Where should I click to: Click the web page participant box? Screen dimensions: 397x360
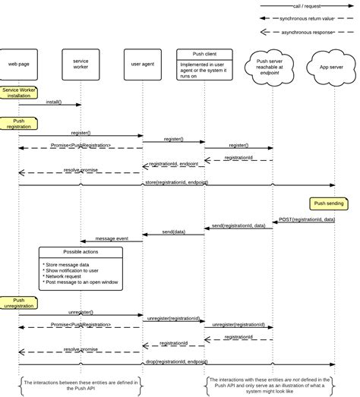(x=18, y=64)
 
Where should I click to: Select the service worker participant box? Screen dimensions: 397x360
(x=81, y=64)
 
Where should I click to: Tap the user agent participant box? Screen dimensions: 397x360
(x=142, y=64)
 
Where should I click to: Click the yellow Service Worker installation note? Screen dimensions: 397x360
(x=19, y=93)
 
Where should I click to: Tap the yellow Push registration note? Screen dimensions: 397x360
(x=18, y=123)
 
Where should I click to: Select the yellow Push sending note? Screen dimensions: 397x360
(x=329, y=203)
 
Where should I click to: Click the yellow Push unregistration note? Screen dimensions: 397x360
(x=18, y=304)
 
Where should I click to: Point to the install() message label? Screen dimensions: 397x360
(x=52, y=102)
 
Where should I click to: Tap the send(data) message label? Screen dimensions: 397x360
(x=173, y=232)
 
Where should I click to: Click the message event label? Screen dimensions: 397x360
(x=111, y=238)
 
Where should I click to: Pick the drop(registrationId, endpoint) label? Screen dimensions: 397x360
(x=176, y=361)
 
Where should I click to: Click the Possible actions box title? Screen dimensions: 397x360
(x=80, y=251)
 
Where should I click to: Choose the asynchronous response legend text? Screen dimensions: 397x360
(x=308, y=32)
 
